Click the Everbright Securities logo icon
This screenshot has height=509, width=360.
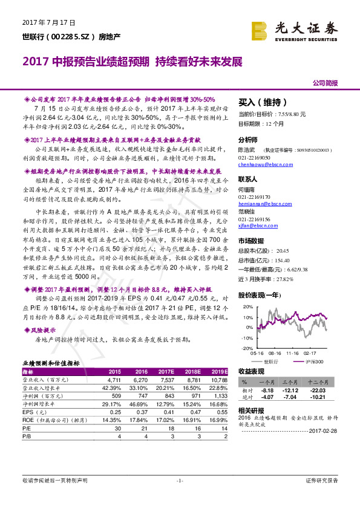(260, 28)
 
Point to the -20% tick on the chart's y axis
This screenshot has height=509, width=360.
(245, 349)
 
